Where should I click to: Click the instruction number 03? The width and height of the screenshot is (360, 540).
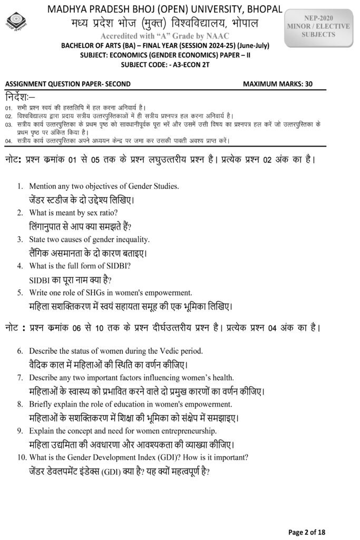click(x=8, y=124)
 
